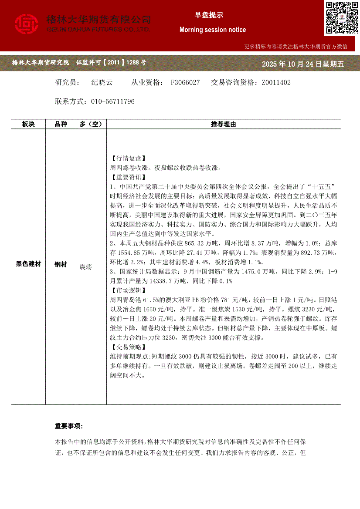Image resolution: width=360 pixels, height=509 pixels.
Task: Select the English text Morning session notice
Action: point(213,30)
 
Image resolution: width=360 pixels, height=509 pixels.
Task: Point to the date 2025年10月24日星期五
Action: point(302,64)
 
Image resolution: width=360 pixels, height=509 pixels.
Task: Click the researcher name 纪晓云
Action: point(102,82)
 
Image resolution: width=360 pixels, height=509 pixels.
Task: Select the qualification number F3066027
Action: point(185,82)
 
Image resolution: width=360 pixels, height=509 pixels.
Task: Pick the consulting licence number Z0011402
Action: point(276,82)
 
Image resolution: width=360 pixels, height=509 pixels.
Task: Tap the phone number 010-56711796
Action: point(113,101)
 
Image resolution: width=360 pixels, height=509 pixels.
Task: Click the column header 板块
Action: point(28,124)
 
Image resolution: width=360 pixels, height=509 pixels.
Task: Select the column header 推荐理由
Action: point(223,124)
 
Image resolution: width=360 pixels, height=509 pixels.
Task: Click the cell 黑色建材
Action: point(28,264)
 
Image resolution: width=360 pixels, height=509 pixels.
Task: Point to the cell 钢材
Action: point(61,264)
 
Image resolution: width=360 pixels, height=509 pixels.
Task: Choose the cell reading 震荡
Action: point(86,266)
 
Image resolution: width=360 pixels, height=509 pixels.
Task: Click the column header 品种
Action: point(61,124)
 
